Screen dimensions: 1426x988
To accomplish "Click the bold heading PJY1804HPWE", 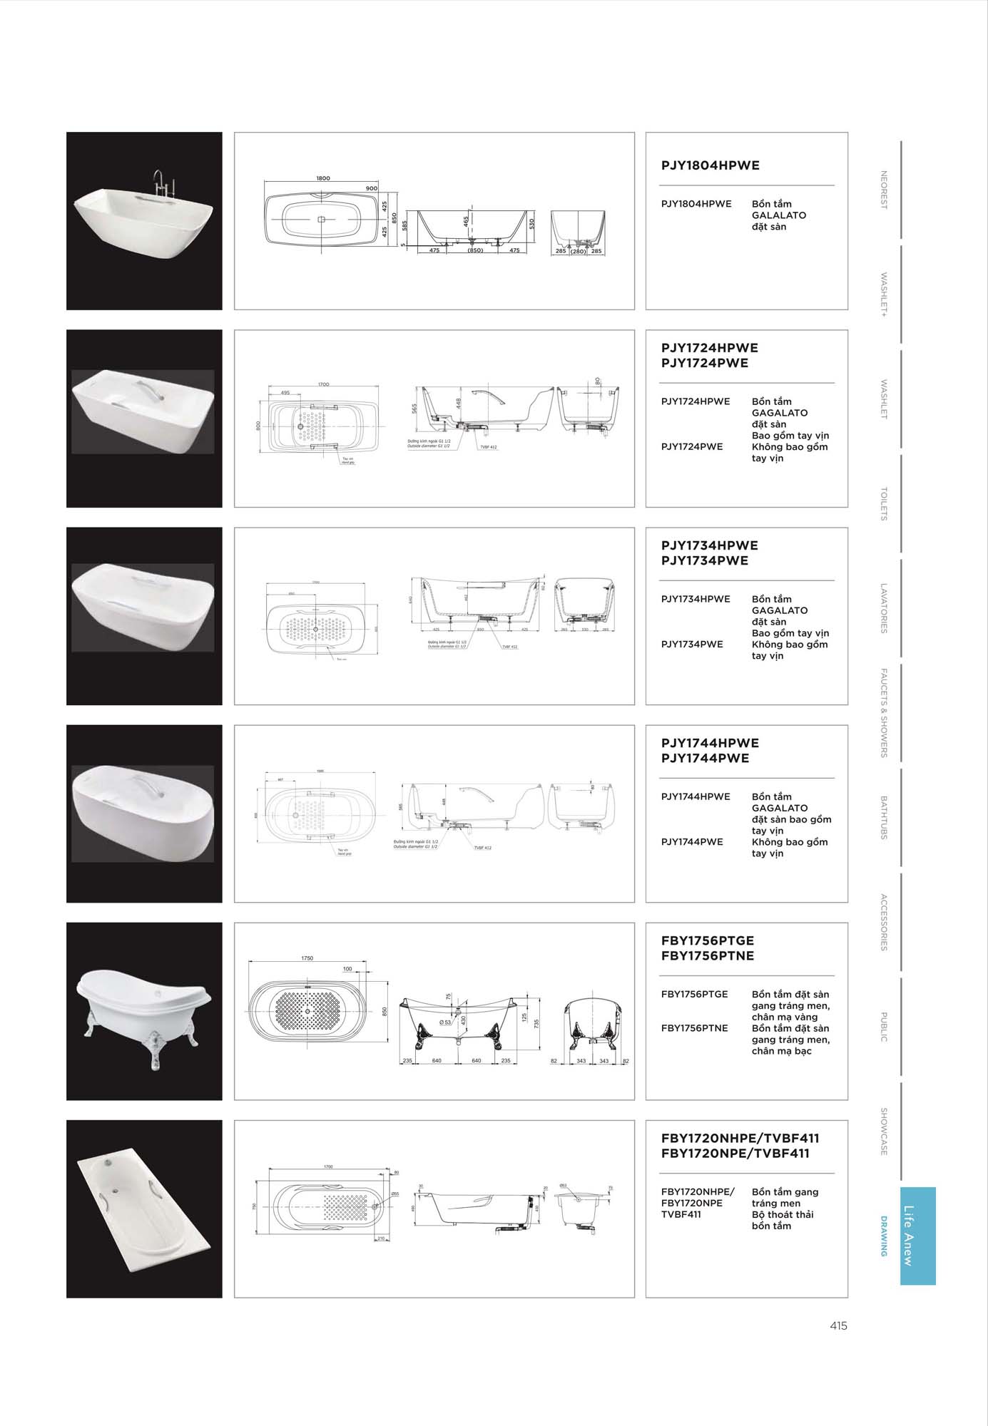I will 710,165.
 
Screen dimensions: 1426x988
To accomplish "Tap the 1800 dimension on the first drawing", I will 323,179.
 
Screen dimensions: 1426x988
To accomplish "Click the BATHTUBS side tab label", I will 883,817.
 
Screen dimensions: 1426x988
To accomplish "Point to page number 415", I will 838,1326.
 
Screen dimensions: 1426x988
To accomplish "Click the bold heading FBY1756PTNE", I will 707,956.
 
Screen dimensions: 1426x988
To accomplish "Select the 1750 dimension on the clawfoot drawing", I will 307,958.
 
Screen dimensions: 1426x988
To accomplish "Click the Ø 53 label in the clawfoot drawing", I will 445,1022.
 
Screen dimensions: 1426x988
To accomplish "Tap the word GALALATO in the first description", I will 778,215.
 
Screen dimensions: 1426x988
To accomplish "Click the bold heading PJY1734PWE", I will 704,561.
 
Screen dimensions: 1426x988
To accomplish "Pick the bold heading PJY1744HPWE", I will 710,743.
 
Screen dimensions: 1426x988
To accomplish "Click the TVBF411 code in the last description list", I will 681,1214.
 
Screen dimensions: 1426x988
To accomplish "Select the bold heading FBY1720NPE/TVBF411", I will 735,1154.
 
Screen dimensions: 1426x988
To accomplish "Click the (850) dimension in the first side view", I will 475,251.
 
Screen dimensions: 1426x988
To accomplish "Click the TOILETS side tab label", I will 883,504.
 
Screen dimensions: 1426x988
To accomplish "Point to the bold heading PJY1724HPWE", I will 709,348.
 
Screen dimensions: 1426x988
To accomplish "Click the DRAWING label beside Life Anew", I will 885,1236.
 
